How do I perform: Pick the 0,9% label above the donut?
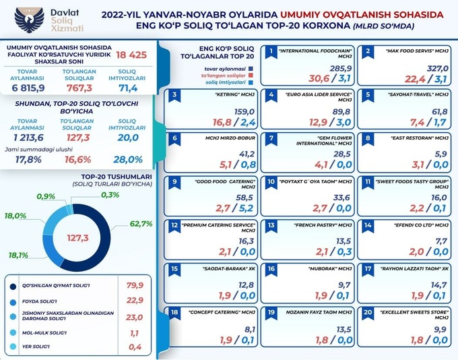(44, 196)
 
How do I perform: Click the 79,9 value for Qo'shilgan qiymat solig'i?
(136, 285)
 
